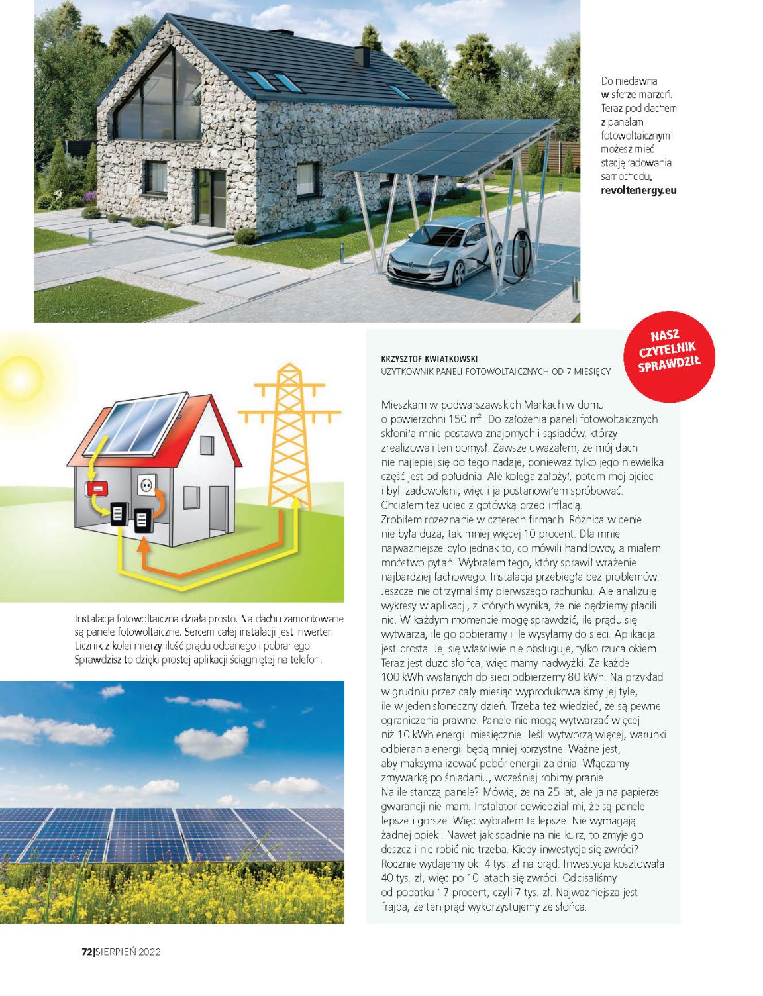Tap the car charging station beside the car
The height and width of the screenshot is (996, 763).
point(519,255)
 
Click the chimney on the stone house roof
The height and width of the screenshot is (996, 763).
point(362,56)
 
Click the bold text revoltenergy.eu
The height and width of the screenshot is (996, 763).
point(638,190)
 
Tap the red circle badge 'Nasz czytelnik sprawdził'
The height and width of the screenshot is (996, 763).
point(668,355)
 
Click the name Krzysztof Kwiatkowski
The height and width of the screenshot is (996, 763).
point(429,359)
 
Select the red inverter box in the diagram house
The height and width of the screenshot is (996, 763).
point(97,489)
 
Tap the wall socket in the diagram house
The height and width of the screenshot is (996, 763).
point(146,485)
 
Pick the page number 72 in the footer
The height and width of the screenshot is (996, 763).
point(86,952)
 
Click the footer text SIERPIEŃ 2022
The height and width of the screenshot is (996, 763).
point(128,952)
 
